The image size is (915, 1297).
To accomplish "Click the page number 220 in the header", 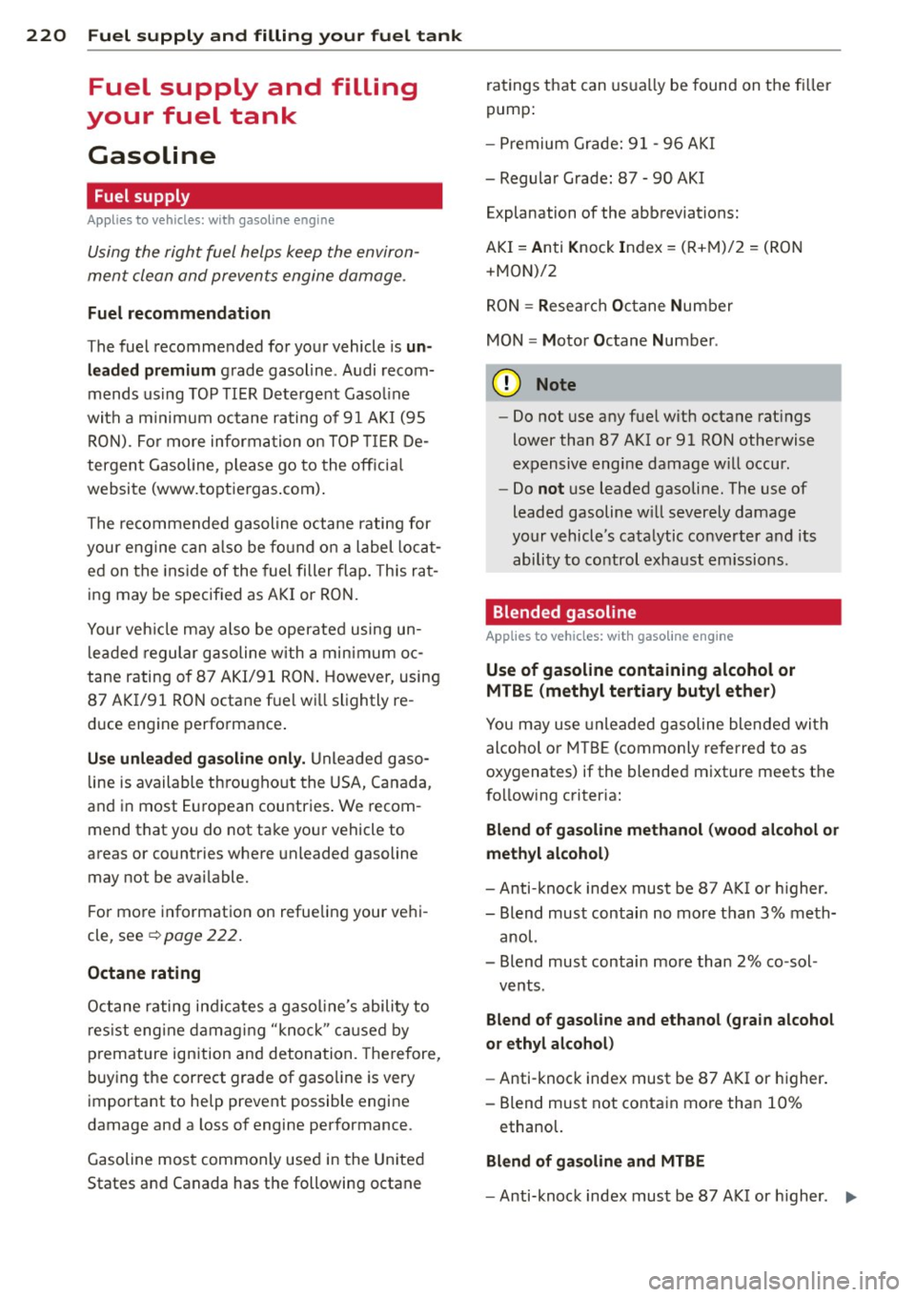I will click(x=47, y=35).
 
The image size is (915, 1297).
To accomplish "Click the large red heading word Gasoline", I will click(x=152, y=155).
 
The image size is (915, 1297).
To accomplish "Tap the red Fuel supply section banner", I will click(x=264, y=196).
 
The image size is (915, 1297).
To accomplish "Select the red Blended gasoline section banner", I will click(x=662, y=613).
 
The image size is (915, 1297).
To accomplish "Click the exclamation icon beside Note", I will click(x=506, y=384).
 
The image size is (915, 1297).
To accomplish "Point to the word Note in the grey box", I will click(x=556, y=385).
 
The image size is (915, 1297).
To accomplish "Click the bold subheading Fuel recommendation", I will click(x=179, y=314).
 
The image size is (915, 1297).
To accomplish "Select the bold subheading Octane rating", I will click(x=144, y=973).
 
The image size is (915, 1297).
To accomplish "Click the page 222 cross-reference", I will click(x=201, y=936).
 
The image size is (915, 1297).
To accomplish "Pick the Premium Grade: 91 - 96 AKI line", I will click(x=606, y=144).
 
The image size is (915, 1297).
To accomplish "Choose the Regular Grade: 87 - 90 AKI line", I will click(x=601, y=178).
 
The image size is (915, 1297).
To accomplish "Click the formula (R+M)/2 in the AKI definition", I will click(x=709, y=248).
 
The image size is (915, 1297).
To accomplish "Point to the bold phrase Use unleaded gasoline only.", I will click(x=196, y=760).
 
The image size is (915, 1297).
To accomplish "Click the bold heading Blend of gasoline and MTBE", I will click(x=595, y=1162).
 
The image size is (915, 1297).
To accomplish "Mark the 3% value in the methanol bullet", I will click(x=771, y=914).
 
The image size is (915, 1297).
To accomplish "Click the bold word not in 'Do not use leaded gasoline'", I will click(x=551, y=489).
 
